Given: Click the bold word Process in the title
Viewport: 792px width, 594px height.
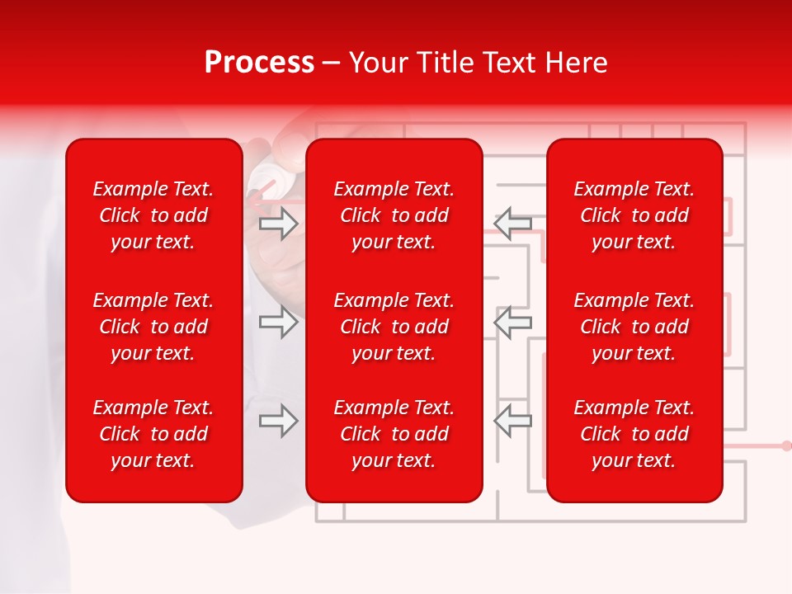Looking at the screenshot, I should pos(259,63).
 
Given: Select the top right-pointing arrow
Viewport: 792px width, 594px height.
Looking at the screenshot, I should pos(279,224).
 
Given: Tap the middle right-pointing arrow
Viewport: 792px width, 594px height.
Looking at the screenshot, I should pos(279,322).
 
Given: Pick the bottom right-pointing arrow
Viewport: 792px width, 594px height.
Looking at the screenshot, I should pos(279,421).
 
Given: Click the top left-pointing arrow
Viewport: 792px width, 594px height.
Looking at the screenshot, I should pos(512,224).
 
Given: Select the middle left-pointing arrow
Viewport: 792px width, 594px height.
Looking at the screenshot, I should pos(512,322).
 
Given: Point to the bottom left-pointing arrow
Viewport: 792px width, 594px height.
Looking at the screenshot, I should pos(512,421).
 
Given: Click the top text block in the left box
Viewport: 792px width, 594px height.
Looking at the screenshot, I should pos(153,215).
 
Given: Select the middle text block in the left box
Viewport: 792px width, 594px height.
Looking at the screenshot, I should pos(153,327).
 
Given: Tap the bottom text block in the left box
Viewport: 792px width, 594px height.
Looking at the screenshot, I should pos(153,434).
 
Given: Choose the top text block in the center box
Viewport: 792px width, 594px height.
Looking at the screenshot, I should pos(394,215).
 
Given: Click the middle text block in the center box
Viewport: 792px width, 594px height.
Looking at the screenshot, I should pos(394,327).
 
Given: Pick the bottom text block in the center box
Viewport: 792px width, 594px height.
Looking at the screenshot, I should pos(394,434).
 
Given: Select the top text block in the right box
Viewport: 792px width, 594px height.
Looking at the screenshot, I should pos(634,215).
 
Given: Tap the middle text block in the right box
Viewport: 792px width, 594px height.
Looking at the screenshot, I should pos(634,327).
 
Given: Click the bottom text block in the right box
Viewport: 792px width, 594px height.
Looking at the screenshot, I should pos(634,434).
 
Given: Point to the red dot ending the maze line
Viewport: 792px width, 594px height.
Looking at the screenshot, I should pos(785,445).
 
